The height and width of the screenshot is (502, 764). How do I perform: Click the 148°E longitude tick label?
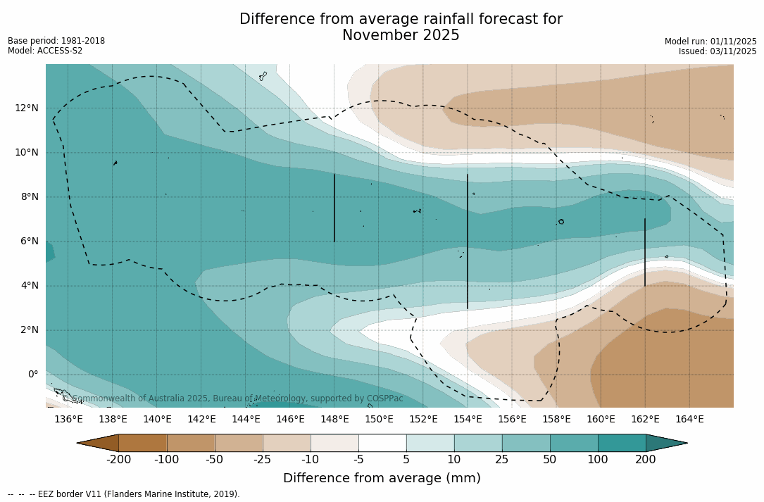[334, 419]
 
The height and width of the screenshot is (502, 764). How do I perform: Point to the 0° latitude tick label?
[33, 374]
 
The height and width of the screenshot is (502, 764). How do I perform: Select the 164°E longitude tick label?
[689, 419]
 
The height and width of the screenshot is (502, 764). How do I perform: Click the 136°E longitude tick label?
[68, 419]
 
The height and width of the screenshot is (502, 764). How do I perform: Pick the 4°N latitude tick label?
[30, 285]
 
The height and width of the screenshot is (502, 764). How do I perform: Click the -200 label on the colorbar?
[119, 460]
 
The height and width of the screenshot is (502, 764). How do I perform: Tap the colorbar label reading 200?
[646, 460]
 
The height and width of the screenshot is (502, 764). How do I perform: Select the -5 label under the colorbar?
[358, 460]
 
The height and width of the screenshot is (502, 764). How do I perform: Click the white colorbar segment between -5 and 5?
[382, 443]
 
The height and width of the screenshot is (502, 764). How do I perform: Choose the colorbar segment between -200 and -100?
[143, 443]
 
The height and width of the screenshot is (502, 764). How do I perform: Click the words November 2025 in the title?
[401, 35]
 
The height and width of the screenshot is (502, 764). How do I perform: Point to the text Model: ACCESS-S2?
[45, 51]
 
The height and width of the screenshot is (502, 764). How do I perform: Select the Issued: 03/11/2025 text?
[718, 51]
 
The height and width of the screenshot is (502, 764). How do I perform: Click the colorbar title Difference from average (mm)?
[382, 479]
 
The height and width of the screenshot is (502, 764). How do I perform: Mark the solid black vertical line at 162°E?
[645, 252]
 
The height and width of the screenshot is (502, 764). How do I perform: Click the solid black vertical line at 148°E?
[334, 208]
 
